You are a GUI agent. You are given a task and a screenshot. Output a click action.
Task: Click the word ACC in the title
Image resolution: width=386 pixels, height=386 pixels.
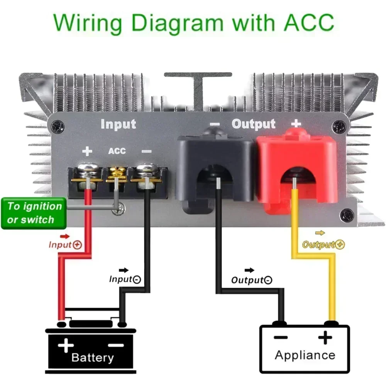(309, 23)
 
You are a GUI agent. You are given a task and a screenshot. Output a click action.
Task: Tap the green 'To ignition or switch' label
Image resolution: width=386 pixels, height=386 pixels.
(34, 213)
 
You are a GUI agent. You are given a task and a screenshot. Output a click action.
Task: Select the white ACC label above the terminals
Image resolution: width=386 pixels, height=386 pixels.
(117, 151)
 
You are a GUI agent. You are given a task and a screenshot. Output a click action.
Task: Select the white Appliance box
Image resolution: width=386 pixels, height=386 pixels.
(305, 348)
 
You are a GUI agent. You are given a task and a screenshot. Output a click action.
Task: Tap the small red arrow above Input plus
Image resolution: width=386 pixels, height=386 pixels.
(65, 237)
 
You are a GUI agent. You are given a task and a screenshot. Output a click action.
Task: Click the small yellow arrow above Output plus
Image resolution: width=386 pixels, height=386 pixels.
(320, 233)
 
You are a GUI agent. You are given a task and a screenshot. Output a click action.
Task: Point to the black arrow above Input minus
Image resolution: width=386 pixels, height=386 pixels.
(124, 270)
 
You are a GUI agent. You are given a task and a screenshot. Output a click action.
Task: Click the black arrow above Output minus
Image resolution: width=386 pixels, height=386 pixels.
(249, 270)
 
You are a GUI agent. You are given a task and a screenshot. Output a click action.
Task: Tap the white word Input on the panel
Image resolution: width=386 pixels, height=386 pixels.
(118, 124)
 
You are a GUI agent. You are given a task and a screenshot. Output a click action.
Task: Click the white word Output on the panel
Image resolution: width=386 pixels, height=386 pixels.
(253, 124)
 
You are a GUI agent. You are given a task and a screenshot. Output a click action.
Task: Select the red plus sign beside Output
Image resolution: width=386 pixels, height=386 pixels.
(296, 123)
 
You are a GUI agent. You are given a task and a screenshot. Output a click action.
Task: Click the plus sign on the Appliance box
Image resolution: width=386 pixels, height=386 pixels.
(325, 337)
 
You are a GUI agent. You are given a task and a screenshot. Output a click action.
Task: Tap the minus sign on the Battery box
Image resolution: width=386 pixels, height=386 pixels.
(116, 345)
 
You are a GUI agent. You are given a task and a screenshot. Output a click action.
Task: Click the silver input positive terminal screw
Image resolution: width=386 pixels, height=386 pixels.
(87, 170)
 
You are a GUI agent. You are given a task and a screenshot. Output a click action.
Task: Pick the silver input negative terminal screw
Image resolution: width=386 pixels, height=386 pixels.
(146, 170)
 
